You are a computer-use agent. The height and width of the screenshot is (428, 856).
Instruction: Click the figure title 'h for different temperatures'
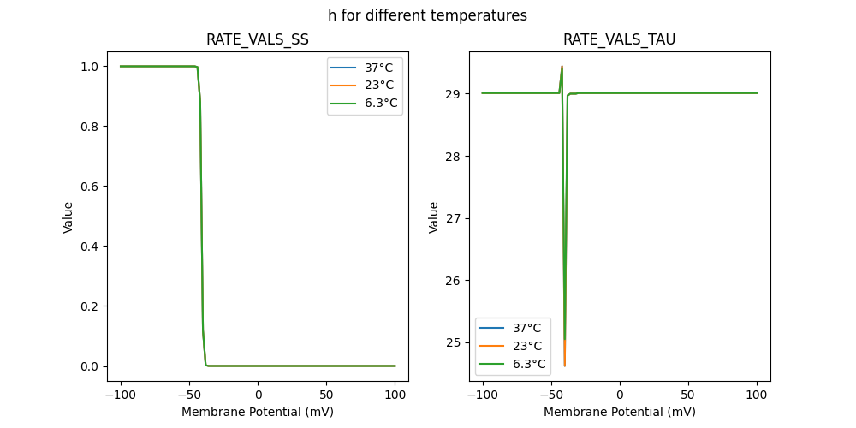[x=427, y=15]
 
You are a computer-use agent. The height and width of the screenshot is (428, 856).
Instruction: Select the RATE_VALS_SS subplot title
[x=258, y=39]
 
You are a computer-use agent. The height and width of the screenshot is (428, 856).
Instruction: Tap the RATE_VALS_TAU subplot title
[x=619, y=39]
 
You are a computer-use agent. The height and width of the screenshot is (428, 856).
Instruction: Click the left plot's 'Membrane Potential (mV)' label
[x=258, y=412]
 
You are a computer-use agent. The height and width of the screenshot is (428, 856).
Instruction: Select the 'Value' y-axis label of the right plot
[x=434, y=217]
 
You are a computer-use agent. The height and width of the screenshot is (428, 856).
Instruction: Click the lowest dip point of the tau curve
[x=565, y=366]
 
